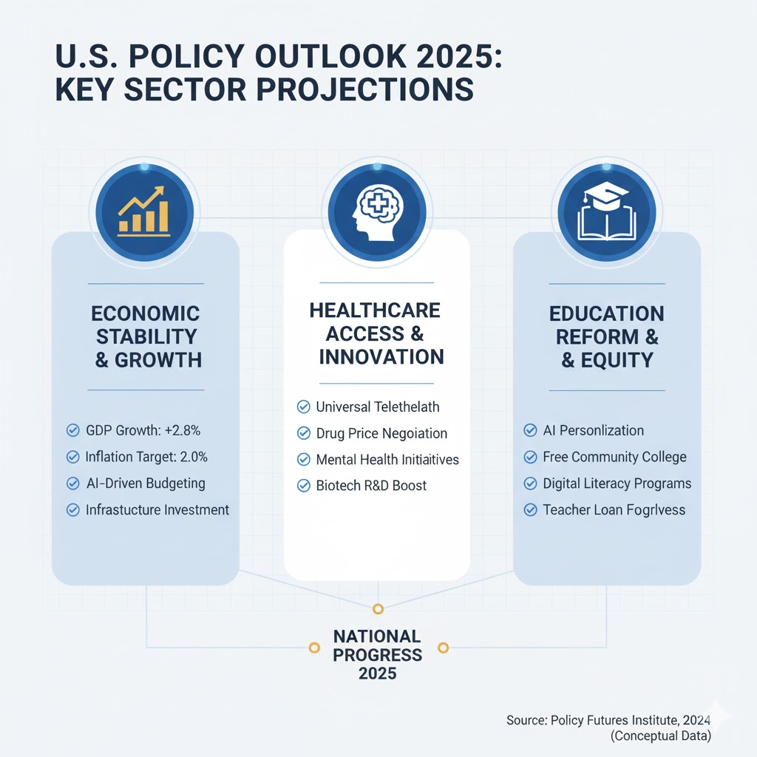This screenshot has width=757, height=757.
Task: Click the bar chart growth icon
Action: point(144,210)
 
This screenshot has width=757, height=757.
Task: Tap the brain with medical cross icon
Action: point(377,210)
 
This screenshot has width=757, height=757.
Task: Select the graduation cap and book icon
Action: point(607,210)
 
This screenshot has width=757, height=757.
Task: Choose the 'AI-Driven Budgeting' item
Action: point(145,483)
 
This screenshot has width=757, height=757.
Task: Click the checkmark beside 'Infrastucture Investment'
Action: point(72,510)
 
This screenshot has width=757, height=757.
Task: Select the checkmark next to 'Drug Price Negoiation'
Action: point(303,433)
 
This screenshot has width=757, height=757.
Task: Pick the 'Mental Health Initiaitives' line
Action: point(387,460)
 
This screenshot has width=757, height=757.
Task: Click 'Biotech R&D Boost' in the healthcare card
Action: point(371,486)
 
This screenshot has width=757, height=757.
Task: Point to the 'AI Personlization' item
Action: point(593,430)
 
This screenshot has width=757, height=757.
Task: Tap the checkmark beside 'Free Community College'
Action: point(530,457)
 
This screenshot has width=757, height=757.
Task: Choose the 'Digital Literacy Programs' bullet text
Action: point(617,483)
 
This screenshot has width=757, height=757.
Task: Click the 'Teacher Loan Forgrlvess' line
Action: point(614,510)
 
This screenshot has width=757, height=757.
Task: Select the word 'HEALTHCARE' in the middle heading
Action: point(375,310)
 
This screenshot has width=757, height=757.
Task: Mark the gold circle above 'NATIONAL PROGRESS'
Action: point(378,609)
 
